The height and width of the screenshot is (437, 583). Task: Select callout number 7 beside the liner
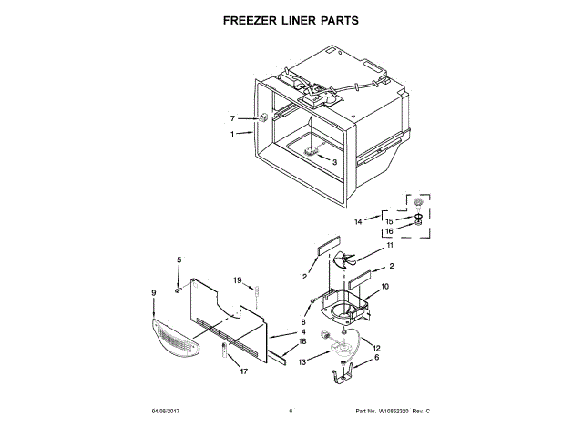coord(232,118)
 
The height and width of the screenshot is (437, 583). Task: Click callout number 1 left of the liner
coord(232,134)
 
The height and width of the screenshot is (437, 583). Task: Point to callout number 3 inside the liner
coord(334,162)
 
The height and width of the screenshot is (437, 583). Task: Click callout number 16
coord(388,231)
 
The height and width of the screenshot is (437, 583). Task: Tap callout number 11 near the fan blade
coord(389,246)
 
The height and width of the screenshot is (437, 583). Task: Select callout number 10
coord(384,287)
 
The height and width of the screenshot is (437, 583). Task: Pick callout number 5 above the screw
coord(179,260)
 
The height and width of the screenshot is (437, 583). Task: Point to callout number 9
coord(153,292)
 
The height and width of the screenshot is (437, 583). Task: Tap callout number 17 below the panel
coord(243,371)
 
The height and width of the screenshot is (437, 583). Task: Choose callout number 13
coord(304,362)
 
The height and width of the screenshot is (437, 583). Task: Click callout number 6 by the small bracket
coord(376,358)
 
